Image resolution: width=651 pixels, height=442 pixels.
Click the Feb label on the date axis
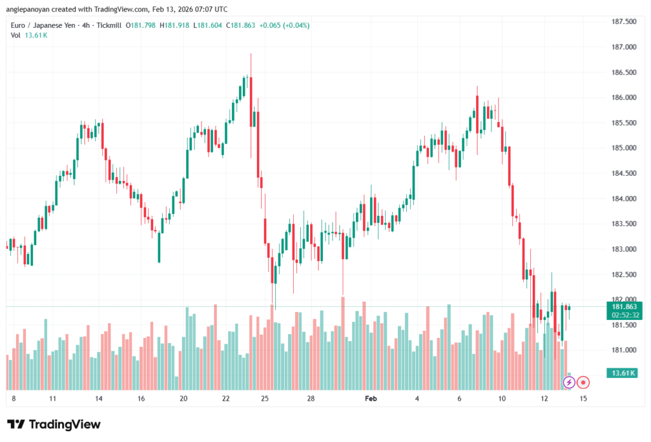point(371,399)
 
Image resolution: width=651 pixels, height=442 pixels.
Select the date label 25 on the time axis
point(265,399)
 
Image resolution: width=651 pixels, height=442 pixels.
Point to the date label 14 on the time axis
point(99,399)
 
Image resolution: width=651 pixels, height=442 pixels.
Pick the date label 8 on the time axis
point(13,399)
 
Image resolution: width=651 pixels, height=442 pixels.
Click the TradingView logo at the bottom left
point(53,424)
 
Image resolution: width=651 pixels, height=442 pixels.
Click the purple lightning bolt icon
point(569,382)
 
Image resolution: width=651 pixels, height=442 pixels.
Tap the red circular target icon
point(584,382)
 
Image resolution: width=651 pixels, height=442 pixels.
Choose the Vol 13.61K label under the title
point(29,35)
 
